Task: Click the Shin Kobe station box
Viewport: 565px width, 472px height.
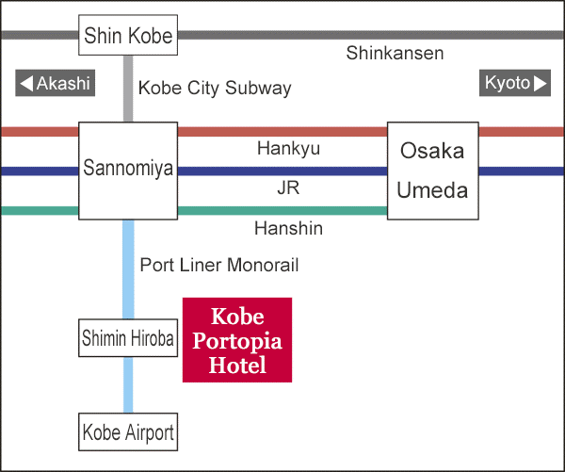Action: (x=128, y=35)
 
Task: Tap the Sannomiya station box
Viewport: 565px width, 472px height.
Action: (x=128, y=171)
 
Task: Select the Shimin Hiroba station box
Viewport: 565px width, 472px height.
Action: (x=128, y=338)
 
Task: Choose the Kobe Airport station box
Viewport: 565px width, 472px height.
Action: (x=128, y=431)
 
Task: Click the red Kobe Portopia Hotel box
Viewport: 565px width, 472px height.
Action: (x=237, y=340)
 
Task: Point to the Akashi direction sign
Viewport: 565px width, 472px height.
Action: (x=56, y=83)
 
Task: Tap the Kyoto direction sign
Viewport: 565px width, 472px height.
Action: (x=515, y=83)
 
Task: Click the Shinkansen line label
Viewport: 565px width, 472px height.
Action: (x=395, y=54)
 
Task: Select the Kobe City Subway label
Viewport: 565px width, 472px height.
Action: (x=215, y=89)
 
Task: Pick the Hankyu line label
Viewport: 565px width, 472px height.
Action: (x=289, y=149)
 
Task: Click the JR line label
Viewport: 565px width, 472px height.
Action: (x=289, y=187)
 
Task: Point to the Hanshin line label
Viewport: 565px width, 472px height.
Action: (x=289, y=228)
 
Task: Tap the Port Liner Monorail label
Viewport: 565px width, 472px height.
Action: (x=219, y=265)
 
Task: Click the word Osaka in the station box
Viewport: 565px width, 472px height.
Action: (x=432, y=151)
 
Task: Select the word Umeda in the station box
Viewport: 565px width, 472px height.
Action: (x=432, y=190)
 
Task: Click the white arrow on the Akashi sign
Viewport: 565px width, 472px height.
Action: (x=26, y=83)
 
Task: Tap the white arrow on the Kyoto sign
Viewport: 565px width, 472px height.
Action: (x=541, y=83)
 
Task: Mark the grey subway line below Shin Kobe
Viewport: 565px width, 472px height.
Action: (x=128, y=89)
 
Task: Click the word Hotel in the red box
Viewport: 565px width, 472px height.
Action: (x=237, y=365)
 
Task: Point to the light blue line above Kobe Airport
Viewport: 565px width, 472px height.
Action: (x=128, y=384)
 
